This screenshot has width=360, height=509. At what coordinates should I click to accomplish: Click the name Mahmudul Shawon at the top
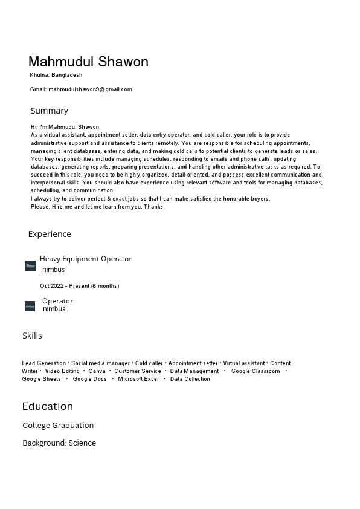click(88, 62)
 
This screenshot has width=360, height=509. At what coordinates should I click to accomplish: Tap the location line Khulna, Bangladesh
click(56, 75)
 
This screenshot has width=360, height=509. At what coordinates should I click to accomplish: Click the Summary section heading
click(50, 111)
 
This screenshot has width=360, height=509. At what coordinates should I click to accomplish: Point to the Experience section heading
click(50, 234)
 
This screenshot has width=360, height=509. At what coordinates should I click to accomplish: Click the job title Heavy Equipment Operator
click(86, 259)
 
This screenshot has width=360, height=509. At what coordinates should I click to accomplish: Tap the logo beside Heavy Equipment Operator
click(30, 265)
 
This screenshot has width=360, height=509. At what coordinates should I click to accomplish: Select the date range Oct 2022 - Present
click(79, 286)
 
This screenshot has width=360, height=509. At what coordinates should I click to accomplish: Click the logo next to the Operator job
click(30, 306)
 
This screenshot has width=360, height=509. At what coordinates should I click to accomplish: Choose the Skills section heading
click(33, 336)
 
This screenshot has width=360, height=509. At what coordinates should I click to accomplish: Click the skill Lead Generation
click(44, 363)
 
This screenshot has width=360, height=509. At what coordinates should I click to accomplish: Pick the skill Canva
click(97, 371)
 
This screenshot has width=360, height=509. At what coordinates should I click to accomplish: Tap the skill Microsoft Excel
click(138, 379)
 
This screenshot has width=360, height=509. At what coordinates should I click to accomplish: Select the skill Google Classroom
click(256, 371)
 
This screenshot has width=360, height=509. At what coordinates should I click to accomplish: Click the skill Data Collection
click(190, 379)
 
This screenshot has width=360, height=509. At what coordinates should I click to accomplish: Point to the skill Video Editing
click(62, 371)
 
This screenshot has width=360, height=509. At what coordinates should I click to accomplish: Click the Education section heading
click(48, 406)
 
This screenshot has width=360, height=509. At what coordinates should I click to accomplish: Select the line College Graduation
click(58, 426)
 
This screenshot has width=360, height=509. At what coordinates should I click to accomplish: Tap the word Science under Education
click(82, 443)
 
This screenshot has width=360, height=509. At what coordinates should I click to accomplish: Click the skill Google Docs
click(89, 379)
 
